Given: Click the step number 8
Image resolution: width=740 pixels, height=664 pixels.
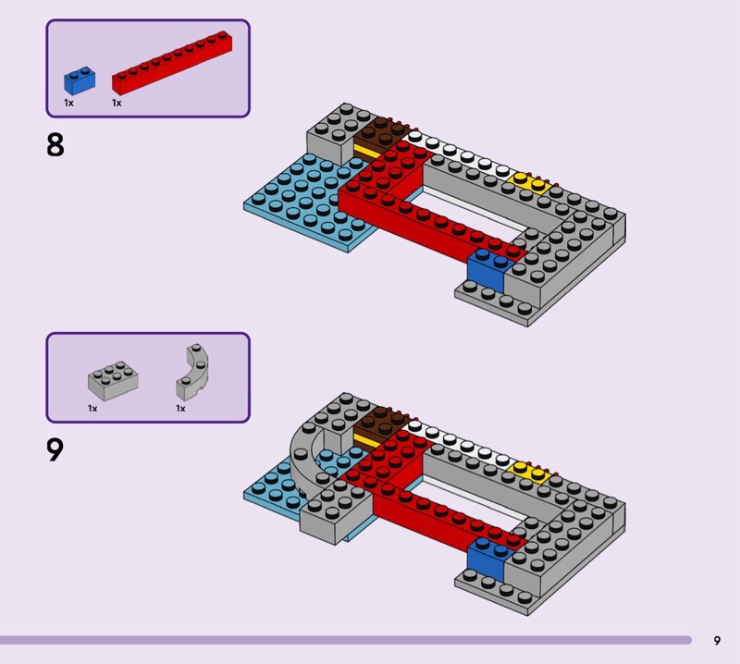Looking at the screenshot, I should [55, 144].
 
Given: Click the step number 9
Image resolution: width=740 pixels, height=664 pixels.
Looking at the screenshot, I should [55, 449].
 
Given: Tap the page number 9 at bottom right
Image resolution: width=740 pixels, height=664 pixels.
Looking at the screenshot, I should [717, 640].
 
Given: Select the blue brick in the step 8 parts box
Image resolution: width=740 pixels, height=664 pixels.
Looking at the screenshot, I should [79, 80].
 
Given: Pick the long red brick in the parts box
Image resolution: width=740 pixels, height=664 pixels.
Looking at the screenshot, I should [171, 63].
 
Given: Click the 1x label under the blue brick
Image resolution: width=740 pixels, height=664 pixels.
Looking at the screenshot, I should [68, 104].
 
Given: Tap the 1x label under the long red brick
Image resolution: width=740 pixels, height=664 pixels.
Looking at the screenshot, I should [117, 104].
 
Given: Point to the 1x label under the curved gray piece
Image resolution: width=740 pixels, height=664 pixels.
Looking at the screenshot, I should [180, 408].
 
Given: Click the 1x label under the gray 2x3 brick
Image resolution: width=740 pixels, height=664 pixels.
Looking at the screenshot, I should [92, 408].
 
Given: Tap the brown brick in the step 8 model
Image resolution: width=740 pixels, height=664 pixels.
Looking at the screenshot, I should [378, 137].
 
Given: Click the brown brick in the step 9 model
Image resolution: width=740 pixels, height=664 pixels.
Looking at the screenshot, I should [379, 424].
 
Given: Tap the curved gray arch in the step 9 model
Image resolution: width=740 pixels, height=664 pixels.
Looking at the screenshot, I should [305, 453].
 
